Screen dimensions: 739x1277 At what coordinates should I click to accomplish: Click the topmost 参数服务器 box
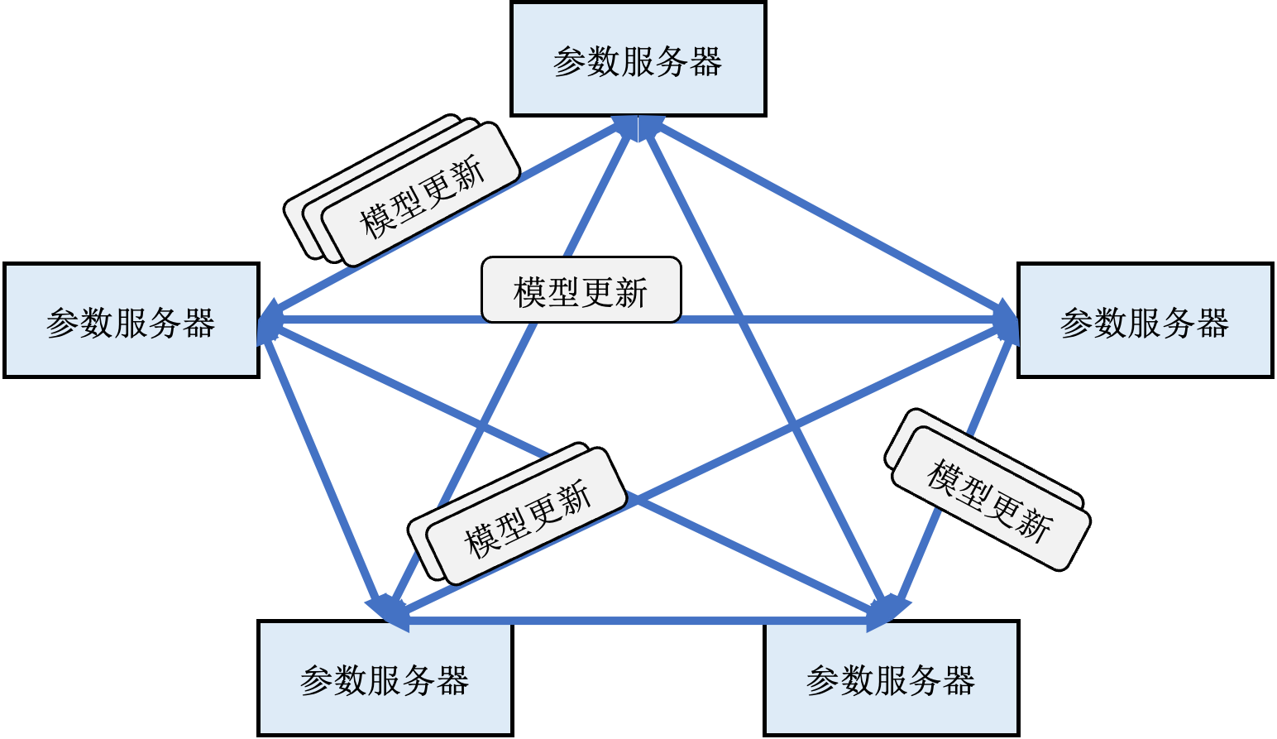[x=638, y=59]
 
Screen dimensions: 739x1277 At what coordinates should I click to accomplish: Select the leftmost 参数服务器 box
[x=132, y=320]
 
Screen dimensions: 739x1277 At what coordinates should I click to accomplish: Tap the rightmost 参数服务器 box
[x=1145, y=320]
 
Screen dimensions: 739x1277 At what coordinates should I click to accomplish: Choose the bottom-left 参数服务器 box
[x=385, y=678]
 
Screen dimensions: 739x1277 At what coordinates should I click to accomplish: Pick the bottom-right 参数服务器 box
[x=891, y=678]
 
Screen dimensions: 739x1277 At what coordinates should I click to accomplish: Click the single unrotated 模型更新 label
[x=581, y=291]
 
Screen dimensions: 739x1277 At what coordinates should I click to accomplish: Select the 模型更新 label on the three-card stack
[x=421, y=196]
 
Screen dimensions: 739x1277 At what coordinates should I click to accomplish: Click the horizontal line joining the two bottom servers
[x=637, y=619]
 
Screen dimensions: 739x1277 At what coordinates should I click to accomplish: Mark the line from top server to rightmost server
[x=827, y=220]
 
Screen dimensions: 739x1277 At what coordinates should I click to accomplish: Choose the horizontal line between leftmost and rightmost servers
[x=827, y=320]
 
